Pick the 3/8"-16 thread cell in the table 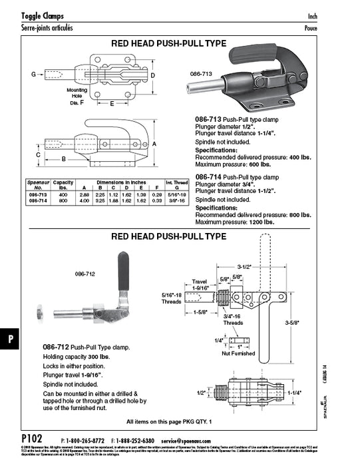click(176, 200)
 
